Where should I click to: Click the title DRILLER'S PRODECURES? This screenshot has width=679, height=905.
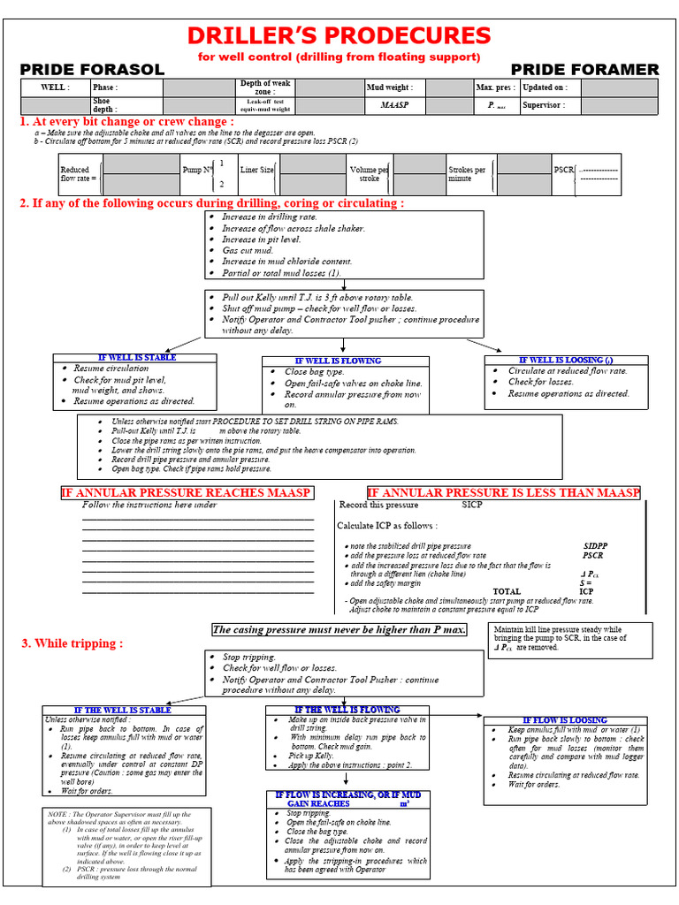[339, 35]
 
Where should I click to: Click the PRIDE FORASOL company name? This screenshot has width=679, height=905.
[92, 70]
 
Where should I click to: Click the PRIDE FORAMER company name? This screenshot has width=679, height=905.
[584, 70]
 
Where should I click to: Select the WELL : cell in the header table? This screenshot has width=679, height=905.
[56, 87]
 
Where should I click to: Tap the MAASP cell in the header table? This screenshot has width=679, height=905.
[394, 105]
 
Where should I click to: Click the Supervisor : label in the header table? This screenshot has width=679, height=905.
[544, 105]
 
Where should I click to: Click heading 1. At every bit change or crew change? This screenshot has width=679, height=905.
[127, 121]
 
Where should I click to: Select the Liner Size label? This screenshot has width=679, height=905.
[256, 170]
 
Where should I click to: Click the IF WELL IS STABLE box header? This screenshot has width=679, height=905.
[137, 357]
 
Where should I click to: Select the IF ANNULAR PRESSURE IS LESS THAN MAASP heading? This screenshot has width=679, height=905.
[503, 492]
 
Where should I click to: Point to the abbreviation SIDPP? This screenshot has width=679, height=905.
[597, 546]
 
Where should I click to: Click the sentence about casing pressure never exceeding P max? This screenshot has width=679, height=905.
[339, 629]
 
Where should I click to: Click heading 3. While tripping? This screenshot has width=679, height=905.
[72, 643]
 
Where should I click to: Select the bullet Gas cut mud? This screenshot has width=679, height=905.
[248, 250]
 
